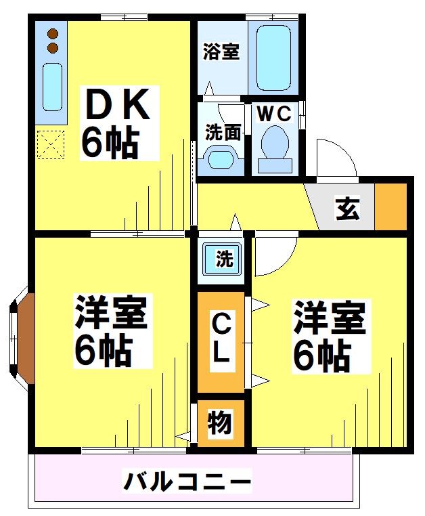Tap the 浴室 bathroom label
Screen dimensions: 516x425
[222, 52]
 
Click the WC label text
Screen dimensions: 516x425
[273, 114]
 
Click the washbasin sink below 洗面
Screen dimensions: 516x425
[222, 159]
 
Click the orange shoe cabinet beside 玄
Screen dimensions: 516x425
[390, 206]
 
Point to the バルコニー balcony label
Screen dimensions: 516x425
[187, 483]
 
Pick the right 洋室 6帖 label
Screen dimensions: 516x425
[329, 337]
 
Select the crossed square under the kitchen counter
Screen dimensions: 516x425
[49, 144]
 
